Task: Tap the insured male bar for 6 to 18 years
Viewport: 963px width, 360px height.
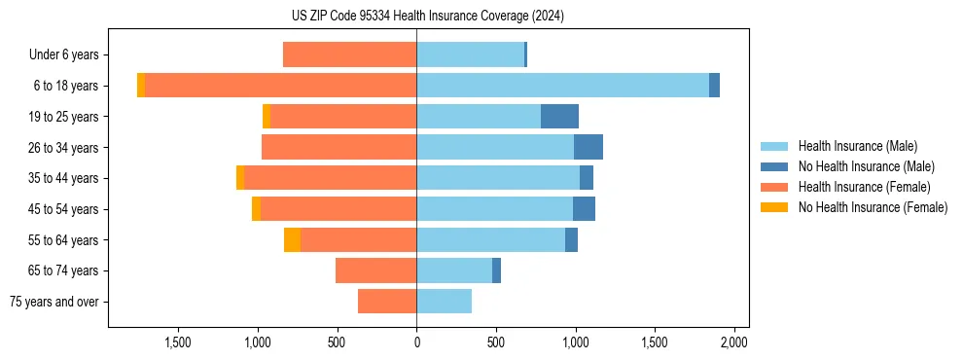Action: pos(562,86)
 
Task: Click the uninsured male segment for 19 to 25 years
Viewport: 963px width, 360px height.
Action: pos(559,117)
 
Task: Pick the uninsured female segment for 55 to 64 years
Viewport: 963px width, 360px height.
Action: pos(292,240)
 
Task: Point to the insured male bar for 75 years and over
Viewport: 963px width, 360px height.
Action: pos(444,302)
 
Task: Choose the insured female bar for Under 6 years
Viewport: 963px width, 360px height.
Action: pos(349,54)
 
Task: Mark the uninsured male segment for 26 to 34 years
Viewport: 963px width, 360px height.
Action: pos(588,148)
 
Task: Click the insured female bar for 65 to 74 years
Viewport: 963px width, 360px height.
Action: pos(375,270)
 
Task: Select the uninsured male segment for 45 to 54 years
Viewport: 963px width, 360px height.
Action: pos(584,209)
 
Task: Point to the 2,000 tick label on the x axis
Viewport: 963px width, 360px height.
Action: pos(733,342)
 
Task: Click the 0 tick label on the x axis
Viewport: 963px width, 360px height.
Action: pos(416,342)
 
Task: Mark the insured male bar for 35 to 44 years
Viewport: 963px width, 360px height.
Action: pos(498,178)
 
